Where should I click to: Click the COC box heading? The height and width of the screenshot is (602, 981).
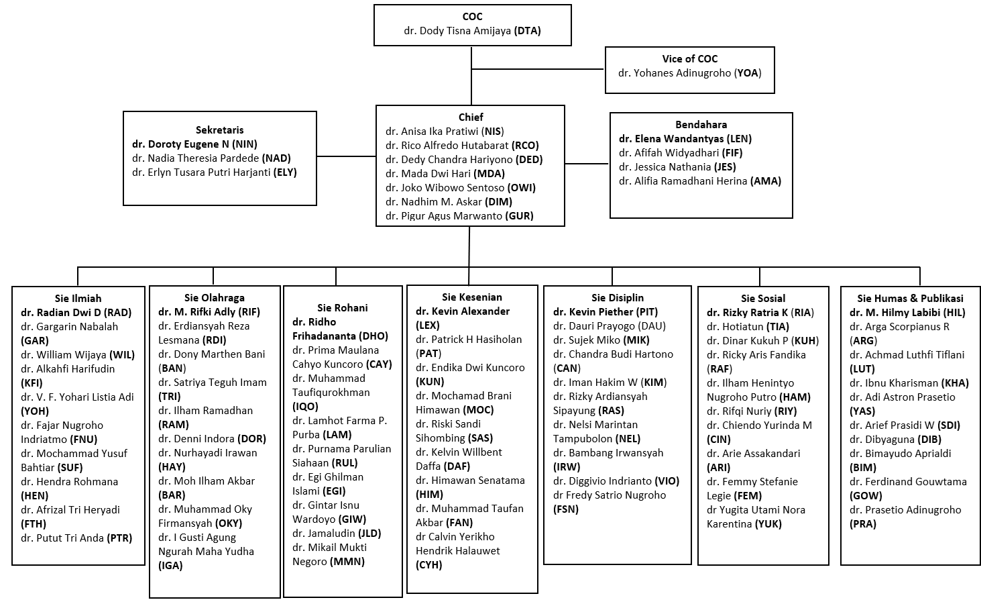pyautogui.click(x=473, y=17)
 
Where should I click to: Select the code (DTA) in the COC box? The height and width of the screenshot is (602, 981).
pyautogui.click(x=527, y=31)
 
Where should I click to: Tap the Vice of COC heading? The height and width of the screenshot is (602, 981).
pyautogui.click(x=690, y=59)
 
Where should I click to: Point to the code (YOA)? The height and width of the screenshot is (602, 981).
pyautogui.click(x=748, y=72)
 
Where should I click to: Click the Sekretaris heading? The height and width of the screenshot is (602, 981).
pyautogui.click(x=219, y=130)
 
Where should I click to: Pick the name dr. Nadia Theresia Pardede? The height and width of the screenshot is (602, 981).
pyautogui.click(x=196, y=158)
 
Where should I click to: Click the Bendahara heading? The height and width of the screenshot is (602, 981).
pyautogui.click(x=701, y=125)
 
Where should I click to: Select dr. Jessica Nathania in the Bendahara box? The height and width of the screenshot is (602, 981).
pyautogui.click(x=665, y=167)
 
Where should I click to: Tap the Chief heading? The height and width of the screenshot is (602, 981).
pyautogui.click(x=471, y=117)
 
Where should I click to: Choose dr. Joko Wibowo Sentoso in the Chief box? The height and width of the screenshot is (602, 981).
pyautogui.click(x=445, y=188)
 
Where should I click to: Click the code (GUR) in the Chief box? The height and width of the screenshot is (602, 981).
pyautogui.click(x=519, y=215)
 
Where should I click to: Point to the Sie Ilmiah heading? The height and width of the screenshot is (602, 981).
pyautogui.click(x=78, y=298)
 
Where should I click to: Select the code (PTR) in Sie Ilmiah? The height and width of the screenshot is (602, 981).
pyautogui.click(x=119, y=538)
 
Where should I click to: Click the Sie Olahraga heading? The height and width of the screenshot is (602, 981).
pyautogui.click(x=214, y=298)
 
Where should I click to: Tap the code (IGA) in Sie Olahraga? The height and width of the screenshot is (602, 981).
pyautogui.click(x=170, y=566)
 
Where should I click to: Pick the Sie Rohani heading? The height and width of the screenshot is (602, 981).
pyautogui.click(x=343, y=308)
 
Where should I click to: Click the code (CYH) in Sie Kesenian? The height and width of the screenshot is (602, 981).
pyautogui.click(x=428, y=564)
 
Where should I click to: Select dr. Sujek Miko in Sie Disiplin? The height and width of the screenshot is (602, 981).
pyautogui.click(x=587, y=340)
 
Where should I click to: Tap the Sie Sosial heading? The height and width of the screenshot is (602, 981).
pyautogui.click(x=763, y=298)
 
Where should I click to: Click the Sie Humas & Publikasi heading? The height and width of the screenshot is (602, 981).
pyautogui.click(x=910, y=298)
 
